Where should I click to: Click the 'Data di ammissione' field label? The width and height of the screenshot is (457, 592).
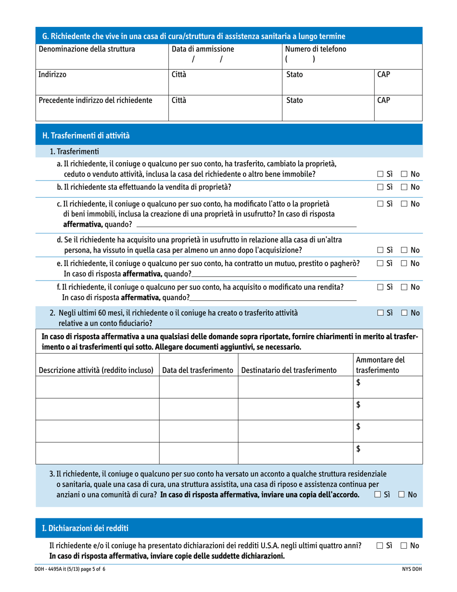click(x=203, y=49)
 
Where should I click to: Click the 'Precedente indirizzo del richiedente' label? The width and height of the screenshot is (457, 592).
click(x=95, y=102)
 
